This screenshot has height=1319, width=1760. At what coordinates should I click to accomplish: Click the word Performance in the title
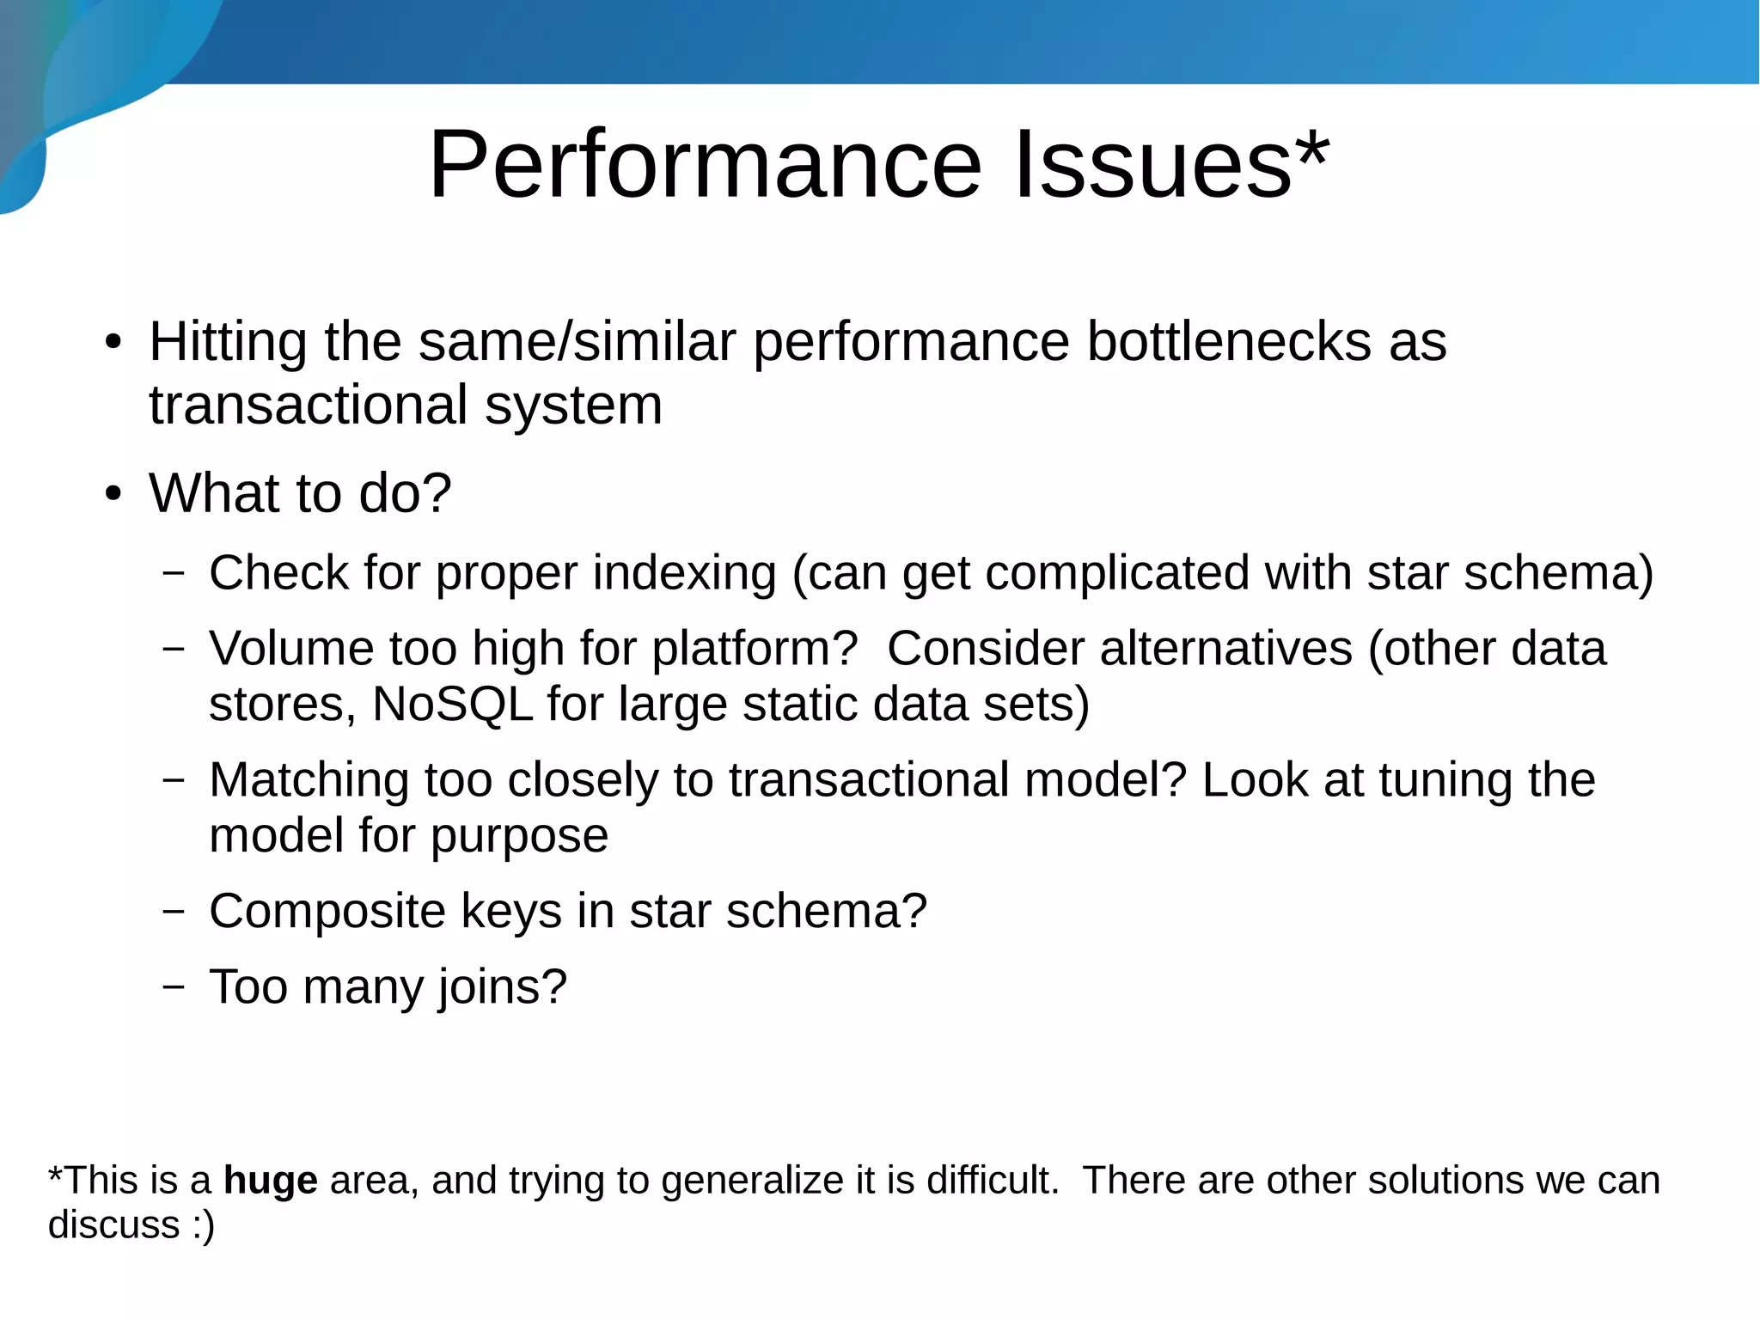coord(705,165)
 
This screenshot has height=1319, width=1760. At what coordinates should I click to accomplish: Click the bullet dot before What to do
coord(113,495)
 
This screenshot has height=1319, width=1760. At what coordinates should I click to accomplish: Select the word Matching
coord(309,780)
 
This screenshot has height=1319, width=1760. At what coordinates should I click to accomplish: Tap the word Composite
coord(327,911)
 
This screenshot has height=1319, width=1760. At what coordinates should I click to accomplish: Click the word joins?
coord(503,987)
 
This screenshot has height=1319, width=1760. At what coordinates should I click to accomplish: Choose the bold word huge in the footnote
coord(270,1182)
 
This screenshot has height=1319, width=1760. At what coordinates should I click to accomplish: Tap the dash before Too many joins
coord(174,986)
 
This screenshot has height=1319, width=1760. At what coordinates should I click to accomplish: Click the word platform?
coord(755,649)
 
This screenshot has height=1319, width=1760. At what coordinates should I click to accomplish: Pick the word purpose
coord(519,836)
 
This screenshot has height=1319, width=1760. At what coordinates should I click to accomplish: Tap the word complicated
coord(1116,573)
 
